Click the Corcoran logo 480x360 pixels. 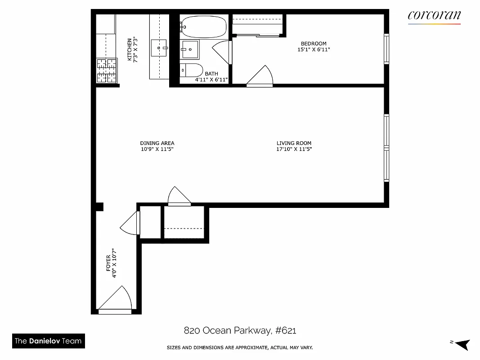(434, 16)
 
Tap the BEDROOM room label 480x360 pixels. (314, 44)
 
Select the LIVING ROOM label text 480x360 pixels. (294, 143)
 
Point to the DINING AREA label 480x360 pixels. (157, 143)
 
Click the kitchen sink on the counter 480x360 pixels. (159, 47)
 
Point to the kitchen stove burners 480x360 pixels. (106, 71)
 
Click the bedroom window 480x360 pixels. (386, 49)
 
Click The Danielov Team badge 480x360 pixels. (48, 341)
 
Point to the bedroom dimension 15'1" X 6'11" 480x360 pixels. (314, 50)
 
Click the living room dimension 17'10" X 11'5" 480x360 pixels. (294, 149)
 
